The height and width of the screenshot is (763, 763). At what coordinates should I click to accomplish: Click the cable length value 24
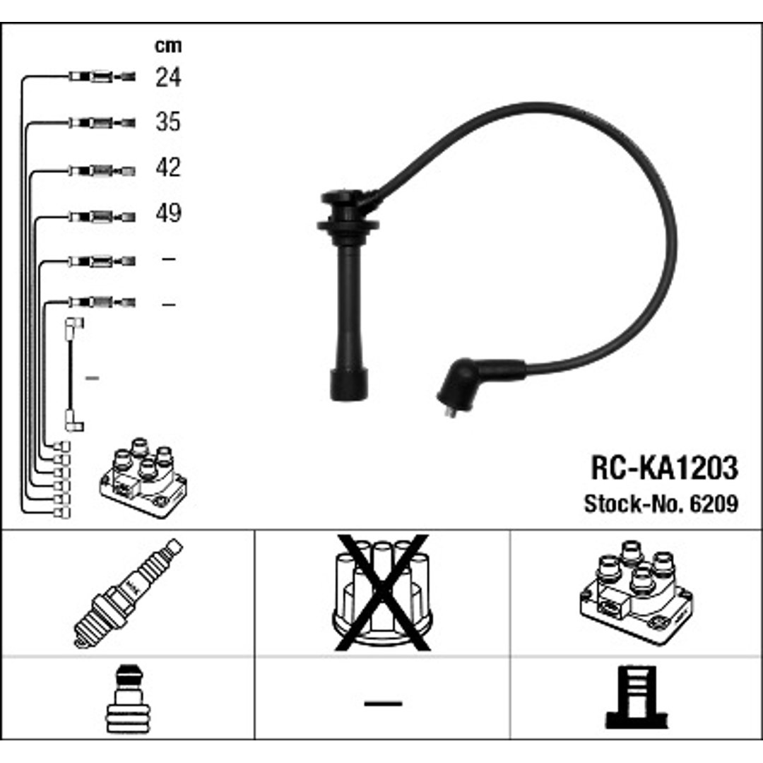(x=168, y=77)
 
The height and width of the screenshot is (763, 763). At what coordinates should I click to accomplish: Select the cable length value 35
(x=168, y=122)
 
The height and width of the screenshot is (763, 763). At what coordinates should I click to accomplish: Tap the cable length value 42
(x=168, y=167)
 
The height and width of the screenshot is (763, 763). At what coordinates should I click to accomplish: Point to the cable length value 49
(x=168, y=213)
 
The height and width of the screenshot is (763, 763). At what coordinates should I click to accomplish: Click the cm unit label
(x=168, y=46)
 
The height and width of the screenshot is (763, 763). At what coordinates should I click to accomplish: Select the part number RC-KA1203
(x=664, y=468)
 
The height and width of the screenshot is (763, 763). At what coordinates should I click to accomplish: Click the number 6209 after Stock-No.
(x=714, y=504)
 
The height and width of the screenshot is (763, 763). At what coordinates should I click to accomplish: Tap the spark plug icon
(x=128, y=593)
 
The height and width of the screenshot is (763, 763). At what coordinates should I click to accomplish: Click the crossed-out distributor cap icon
(x=382, y=593)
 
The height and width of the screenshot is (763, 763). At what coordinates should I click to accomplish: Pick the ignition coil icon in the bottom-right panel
(x=636, y=593)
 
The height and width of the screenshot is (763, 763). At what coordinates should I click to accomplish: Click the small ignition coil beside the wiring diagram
(x=143, y=478)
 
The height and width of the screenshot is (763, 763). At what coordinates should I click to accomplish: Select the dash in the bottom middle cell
(x=383, y=703)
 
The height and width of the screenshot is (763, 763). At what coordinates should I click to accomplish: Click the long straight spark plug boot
(x=348, y=295)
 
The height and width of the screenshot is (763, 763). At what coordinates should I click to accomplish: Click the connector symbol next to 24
(x=102, y=76)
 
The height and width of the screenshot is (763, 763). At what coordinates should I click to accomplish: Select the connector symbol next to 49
(x=102, y=217)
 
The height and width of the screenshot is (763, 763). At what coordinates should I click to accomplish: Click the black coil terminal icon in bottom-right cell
(x=636, y=697)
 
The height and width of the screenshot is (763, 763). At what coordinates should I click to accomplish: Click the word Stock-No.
(x=634, y=504)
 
